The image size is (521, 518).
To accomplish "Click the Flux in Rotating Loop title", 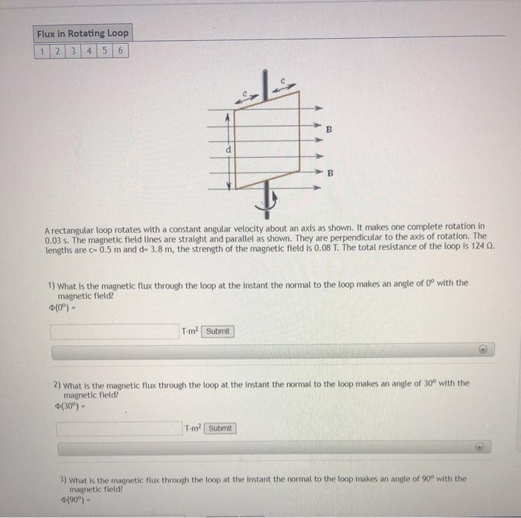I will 82,33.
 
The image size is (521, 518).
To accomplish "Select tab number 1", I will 42,51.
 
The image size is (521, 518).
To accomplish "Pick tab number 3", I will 72,51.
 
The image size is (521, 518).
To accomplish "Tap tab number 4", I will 88,51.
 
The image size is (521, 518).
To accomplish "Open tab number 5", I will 103,51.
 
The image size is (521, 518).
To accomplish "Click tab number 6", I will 119,51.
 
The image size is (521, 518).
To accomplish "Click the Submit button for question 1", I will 218,331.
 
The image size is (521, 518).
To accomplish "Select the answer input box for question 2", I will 119,428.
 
